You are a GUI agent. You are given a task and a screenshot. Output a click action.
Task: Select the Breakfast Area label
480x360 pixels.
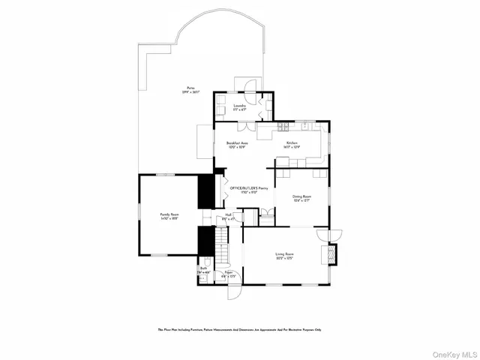tap(237, 142)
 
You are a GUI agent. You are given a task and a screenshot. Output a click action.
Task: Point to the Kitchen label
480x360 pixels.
tap(292, 142)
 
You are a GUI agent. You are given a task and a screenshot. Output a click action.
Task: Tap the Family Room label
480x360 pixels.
tap(168, 214)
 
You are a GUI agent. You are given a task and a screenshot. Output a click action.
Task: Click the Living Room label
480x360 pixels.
tap(282, 255)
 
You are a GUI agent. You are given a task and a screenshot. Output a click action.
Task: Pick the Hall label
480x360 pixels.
tap(228, 214)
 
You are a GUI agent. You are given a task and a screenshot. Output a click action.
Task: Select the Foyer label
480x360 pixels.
tap(228, 272)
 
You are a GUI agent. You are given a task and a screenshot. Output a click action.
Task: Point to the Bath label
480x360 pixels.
tap(203, 268)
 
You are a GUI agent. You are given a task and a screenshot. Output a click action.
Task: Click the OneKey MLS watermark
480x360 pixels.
tap(452, 351)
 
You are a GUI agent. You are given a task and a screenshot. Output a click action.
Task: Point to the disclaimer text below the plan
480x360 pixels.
tap(239, 329)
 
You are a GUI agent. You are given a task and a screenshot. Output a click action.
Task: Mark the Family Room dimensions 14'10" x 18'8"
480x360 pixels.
tap(168, 218)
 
